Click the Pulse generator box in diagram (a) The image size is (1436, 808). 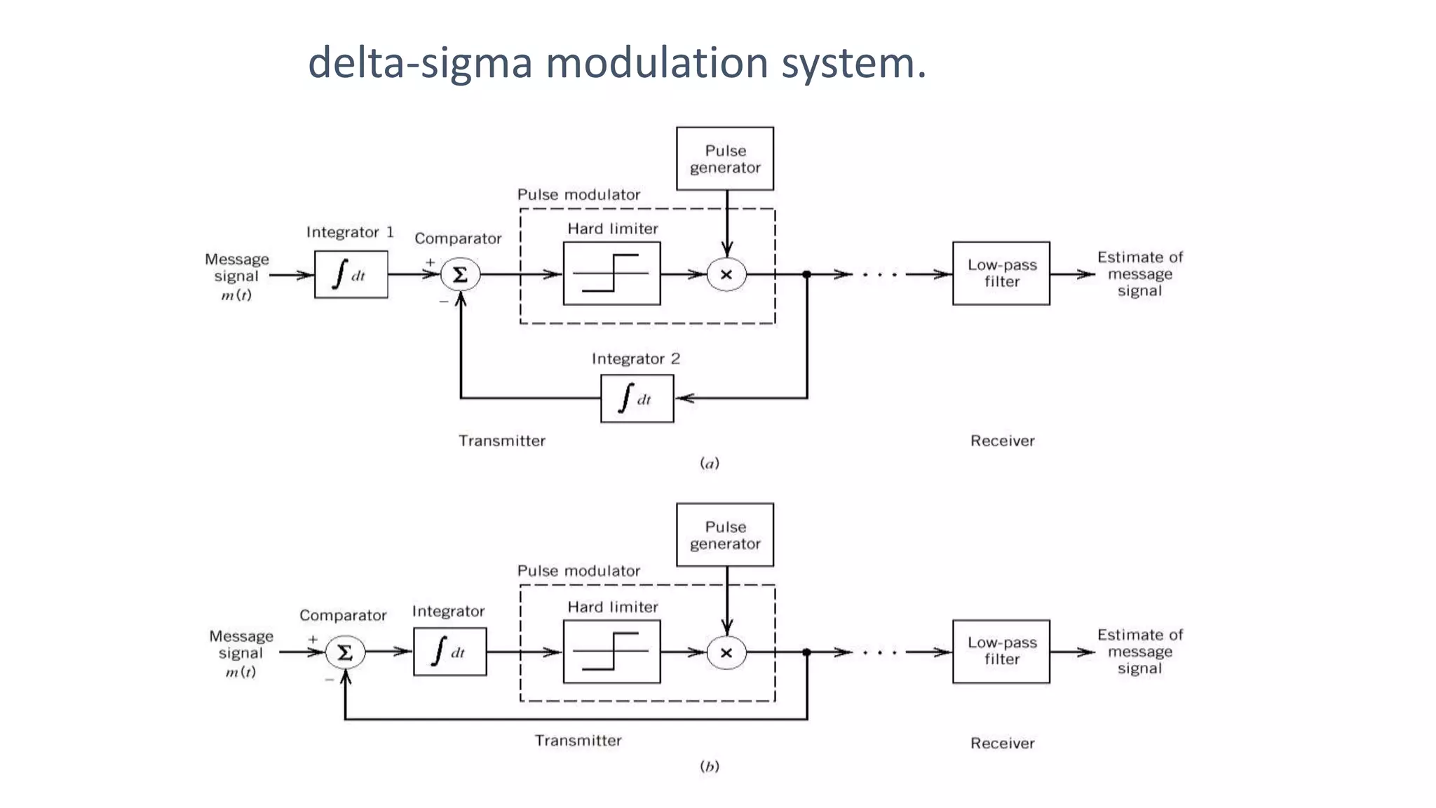click(x=724, y=159)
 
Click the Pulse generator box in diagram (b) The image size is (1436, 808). click(x=724, y=534)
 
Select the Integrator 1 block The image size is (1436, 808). click(x=351, y=274)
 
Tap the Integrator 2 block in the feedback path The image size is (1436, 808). click(x=637, y=398)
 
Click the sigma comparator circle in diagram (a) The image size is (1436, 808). click(x=460, y=274)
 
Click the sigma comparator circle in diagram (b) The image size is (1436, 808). click(x=345, y=652)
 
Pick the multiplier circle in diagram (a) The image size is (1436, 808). click(x=726, y=274)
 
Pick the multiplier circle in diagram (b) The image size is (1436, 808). click(x=726, y=652)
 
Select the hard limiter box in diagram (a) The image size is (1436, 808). click(x=611, y=274)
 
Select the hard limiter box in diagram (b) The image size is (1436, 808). click(x=611, y=652)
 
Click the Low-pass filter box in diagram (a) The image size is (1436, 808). click(x=1001, y=274)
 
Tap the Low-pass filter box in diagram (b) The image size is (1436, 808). click(x=1001, y=651)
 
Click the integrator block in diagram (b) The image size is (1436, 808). click(x=449, y=652)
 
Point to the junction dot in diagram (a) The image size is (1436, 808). click(x=807, y=274)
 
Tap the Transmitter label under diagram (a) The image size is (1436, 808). click(x=501, y=440)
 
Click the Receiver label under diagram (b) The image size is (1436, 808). click(x=1002, y=743)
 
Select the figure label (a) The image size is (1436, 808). click(x=710, y=463)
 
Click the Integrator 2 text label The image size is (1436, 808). click(x=635, y=358)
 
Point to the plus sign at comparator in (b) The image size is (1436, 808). click(x=313, y=639)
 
